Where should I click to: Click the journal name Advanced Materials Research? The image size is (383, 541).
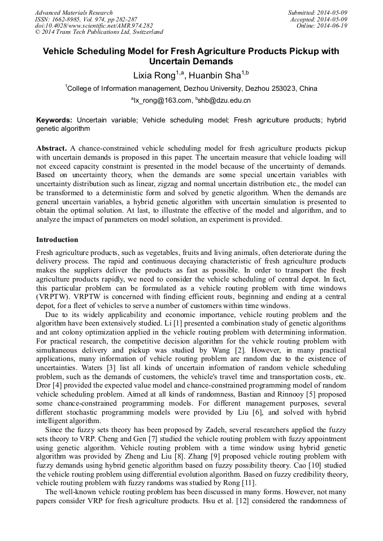[x=73, y=12]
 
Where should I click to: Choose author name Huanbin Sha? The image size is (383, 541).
[x=215, y=74]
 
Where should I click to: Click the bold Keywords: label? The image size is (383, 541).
[x=54, y=120]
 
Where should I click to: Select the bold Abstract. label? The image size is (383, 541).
[x=52, y=148]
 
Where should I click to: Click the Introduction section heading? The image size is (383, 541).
[x=57, y=240]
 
